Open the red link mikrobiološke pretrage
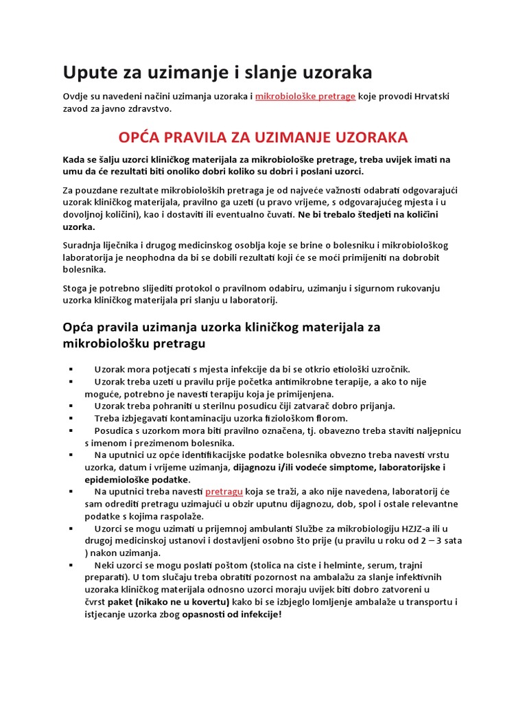click(305, 96)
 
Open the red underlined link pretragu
click(224, 492)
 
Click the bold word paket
click(120, 602)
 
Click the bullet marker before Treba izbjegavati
click(71, 418)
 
